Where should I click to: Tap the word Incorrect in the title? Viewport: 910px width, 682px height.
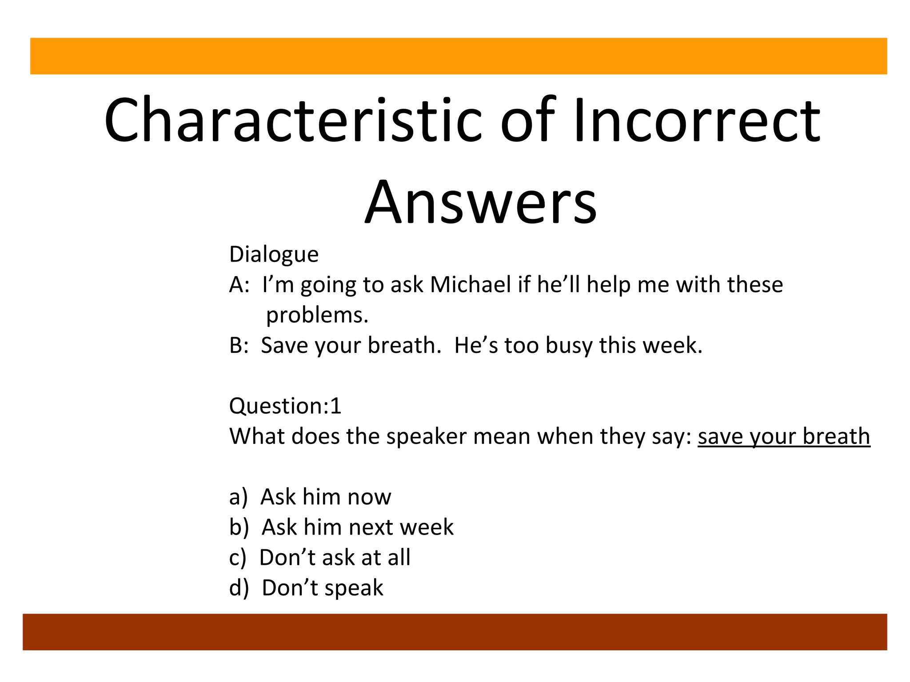click(697, 121)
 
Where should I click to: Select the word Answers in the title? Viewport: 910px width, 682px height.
click(481, 202)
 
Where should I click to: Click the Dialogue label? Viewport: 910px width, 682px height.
click(274, 254)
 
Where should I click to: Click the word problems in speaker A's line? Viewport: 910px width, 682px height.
click(317, 315)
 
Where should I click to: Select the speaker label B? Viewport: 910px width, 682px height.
click(239, 345)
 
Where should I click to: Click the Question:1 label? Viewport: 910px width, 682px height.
click(285, 406)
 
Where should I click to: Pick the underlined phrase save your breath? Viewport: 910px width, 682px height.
click(784, 436)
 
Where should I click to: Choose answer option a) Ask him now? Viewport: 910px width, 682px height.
click(310, 497)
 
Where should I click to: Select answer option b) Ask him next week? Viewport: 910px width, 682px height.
click(341, 527)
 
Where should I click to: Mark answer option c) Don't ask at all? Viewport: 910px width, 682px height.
click(320, 557)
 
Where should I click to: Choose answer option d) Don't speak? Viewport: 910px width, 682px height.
click(306, 588)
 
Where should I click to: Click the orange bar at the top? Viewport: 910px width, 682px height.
click(459, 56)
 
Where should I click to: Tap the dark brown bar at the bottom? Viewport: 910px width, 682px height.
click(455, 632)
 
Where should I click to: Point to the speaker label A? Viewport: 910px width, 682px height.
click(239, 285)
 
